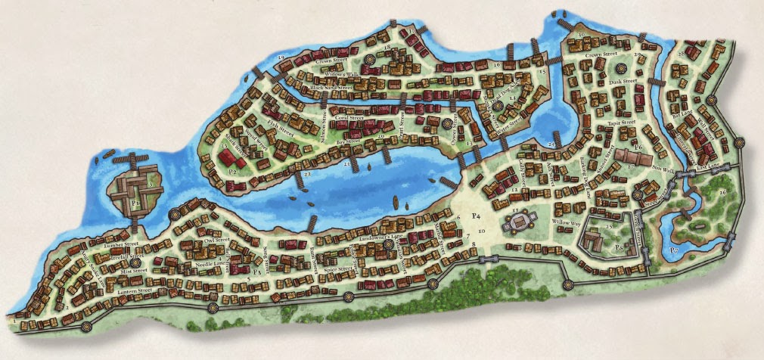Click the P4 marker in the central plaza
tap(477, 216)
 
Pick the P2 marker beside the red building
tap(213, 171)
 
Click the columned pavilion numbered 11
tap(517, 220)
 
